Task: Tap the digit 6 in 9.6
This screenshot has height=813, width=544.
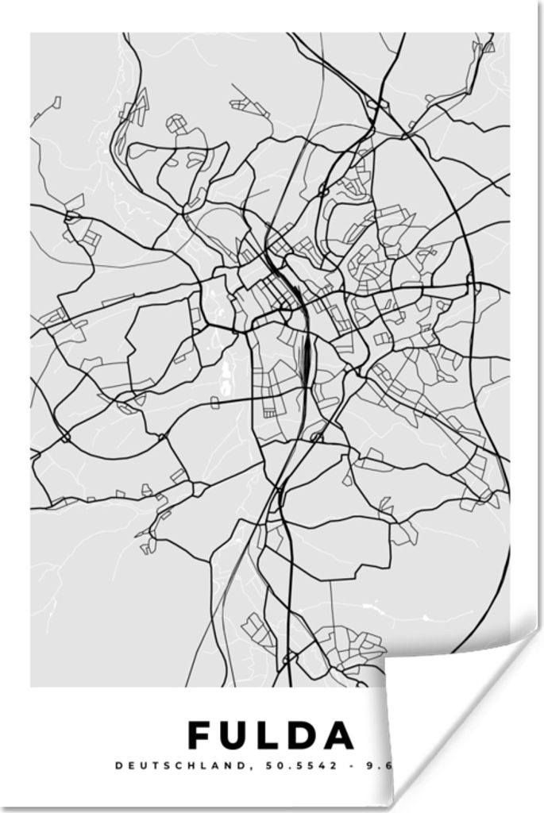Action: [x=390, y=766]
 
